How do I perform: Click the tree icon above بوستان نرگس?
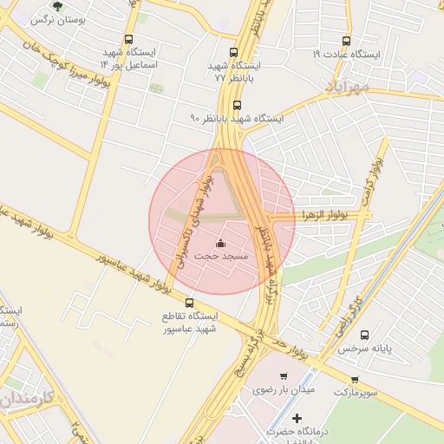click(58, 6)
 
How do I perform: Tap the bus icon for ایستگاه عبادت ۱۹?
click(347, 41)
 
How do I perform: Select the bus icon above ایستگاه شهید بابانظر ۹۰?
click(238, 104)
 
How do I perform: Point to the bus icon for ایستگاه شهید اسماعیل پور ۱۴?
click(129, 39)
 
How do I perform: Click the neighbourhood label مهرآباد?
click(347, 87)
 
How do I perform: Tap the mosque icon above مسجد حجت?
click(219, 243)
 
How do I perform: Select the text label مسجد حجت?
click(221, 257)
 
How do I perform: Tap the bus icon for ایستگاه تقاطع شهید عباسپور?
click(190, 302)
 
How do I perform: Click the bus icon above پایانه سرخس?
click(364, 335)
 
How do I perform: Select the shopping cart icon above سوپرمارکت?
click(355, 380)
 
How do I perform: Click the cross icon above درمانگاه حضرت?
click(297, 418)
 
